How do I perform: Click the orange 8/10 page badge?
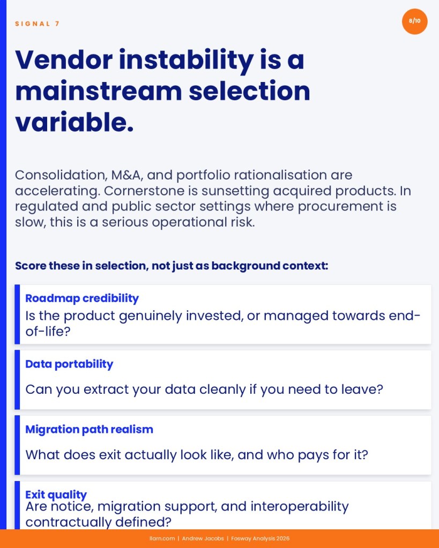(x=414, y=21)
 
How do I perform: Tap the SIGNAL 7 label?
(x=38, y=24)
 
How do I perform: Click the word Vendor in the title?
(x=64, y=60)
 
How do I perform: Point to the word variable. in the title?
(x=75, y=122)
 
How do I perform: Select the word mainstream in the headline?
(x=99, y=91)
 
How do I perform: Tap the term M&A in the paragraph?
(x=127, y=175)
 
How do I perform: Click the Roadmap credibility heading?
(x=82, y=298)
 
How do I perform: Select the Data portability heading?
(x=69, y=364)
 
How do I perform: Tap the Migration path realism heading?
(x=89, y=429)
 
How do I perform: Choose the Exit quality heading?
(x=56, y=494)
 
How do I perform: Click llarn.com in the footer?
(x=162, y=538)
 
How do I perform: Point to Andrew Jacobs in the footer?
(x=203, y=538)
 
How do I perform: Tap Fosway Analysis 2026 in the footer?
(x=261, y=538)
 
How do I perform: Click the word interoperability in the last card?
(x=300, y=506)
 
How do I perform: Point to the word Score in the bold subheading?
(x=31, y=266)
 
